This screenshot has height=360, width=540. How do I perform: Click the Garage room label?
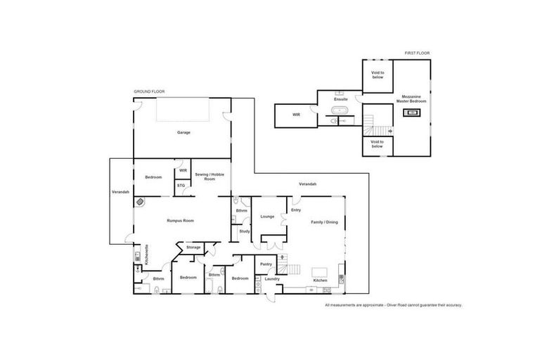tap(184, 132)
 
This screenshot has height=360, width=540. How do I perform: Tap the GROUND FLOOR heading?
tap(148, 91)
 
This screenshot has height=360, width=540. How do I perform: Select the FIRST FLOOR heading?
tap(416, 53)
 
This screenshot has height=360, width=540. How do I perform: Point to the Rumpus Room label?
tap(180, 221)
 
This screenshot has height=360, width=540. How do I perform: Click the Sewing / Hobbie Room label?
tap(205, 177)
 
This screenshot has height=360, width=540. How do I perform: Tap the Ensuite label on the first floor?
tap(341, 99)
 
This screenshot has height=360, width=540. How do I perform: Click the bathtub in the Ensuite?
tap(340, 111)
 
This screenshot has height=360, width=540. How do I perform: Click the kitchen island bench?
tap(320, 272)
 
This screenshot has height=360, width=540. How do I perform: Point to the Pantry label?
tap(266, 264)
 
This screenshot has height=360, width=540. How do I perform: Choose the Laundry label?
tap(272, 279)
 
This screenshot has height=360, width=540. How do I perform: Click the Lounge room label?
tap(267, 217)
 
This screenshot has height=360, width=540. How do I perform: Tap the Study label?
tap(245, 231)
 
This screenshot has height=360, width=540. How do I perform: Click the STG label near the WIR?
tap(181, 186)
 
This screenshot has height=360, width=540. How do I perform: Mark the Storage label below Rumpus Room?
tap(193, 247)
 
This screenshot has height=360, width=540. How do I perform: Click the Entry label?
tap(296, 210)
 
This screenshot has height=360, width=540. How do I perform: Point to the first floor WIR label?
tap(297, 115)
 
